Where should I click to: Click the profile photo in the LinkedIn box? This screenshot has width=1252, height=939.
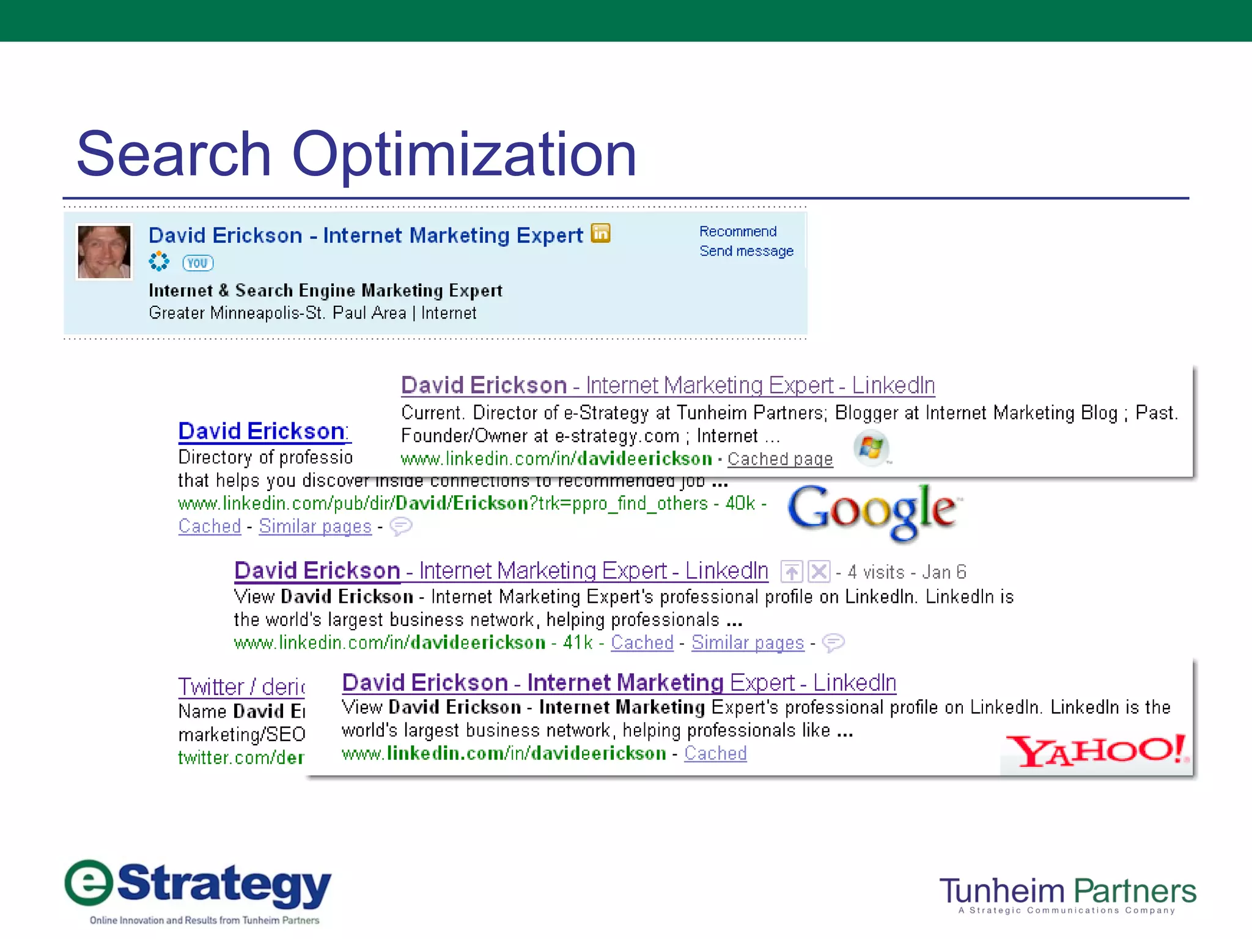coord(104,252)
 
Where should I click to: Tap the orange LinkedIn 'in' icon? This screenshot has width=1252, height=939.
coord(600,233)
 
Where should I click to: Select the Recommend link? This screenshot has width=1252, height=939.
coord(738,232)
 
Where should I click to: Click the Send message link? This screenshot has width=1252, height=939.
coord(746,251)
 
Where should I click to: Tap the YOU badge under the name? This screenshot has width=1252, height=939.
coord(197,263)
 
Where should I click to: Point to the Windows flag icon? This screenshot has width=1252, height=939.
coord(871,448)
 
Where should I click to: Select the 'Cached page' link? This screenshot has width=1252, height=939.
coord(779,458)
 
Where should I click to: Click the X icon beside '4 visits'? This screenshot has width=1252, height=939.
coord(819,572)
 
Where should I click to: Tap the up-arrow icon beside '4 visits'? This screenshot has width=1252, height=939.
coord(792,572)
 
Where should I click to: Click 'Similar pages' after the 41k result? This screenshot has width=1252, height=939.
coord(747,643)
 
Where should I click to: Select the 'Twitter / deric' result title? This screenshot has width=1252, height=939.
coord(241,687)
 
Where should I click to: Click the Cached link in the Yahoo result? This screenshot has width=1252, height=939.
coord(715,753)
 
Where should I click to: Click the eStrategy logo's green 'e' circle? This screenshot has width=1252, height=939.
coord(89,883)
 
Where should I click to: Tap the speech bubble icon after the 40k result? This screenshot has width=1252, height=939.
coord(401,526)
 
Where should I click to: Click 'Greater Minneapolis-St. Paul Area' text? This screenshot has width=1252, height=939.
coord(277,313)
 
